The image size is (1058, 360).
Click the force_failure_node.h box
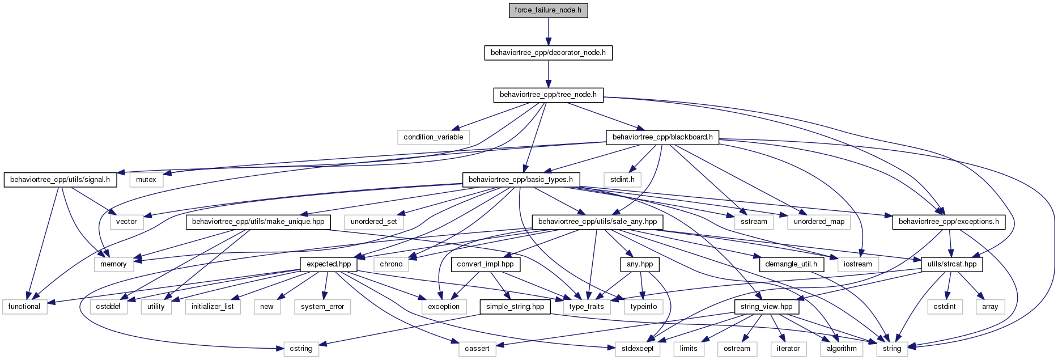click(548, 10)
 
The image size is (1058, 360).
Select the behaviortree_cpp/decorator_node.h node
click(548, 53)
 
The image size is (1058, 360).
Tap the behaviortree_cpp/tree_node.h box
click(548, 95)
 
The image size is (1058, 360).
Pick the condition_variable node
click(434, 137)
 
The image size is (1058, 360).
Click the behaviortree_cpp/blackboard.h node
click(662, 137)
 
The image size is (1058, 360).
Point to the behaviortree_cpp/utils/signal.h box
click(60, 180)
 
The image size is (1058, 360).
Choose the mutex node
click(146, 180)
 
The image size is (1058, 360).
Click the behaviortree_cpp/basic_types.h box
click(521, 180)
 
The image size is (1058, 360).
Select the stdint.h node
click(622, 180)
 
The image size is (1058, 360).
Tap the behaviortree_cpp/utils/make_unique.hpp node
click(258, 222)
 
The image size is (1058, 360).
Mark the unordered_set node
click(374, 222)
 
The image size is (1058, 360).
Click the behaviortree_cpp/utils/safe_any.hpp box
click(597, 222)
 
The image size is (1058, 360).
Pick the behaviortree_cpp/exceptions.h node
click(949, 222)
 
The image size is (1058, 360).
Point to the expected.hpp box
click(329, 264)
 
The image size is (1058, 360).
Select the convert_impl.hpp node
click(485, 264)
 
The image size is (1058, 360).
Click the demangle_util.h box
click(791, 264)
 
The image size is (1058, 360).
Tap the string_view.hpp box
click(767, 307)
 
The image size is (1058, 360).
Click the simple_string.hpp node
click(515, 307)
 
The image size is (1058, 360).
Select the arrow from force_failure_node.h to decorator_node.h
click(548, 32)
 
